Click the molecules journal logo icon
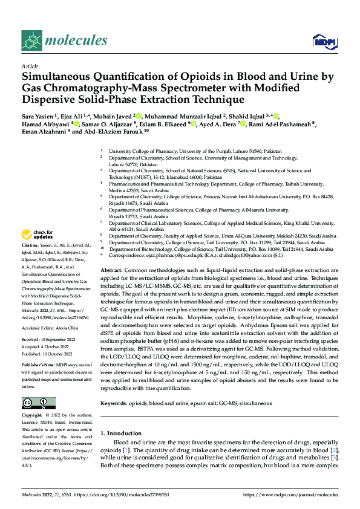(31, 41)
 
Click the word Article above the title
(30, 66)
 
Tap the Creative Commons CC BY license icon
(39, 403)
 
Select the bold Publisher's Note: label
(38, 366)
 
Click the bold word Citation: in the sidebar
(30, 254)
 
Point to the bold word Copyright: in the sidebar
(33, 417)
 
